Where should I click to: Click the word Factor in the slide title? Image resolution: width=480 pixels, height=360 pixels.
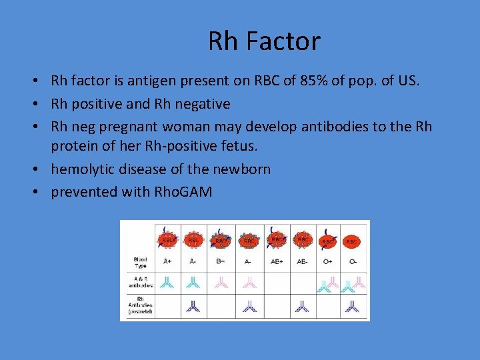click(x=283, y=41)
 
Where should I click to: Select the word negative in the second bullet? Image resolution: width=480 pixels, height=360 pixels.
click(x=199, y=104)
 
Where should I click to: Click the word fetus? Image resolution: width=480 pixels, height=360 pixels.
click(x=257, y=147)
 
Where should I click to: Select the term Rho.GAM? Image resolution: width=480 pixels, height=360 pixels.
click(x=183, y=192)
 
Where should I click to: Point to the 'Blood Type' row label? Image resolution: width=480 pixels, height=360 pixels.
click(x=140, y=262)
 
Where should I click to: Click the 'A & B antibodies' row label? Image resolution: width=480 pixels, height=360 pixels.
click(x=140, y=282)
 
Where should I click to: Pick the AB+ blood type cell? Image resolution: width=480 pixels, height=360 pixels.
click(x=275, y=262)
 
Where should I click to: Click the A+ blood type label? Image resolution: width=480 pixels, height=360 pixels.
click(x=166, y=262)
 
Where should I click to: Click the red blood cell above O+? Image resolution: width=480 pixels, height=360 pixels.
click(x=327, y=240)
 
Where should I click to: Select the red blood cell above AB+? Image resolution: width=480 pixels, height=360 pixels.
click(x=275, y=238)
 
